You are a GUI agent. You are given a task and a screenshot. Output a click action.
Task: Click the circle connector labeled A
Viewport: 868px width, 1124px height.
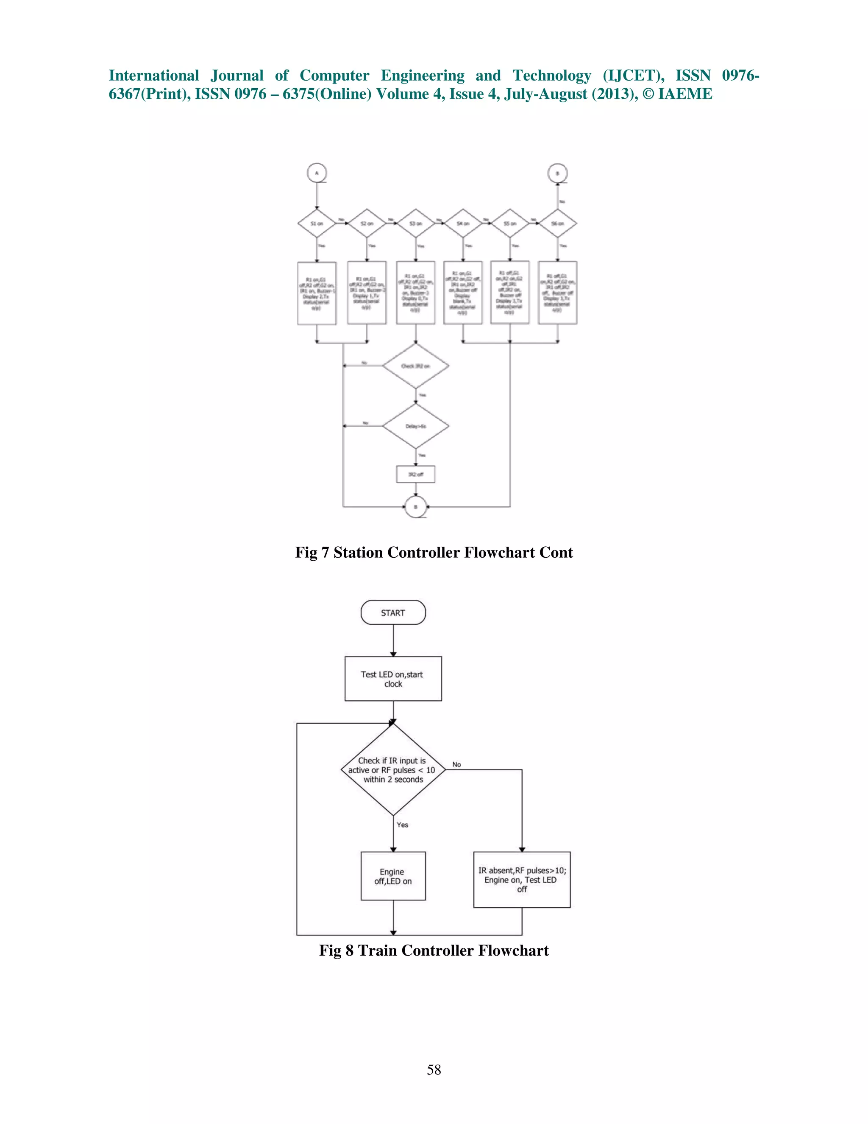pyautogui.click(x=317, y=173)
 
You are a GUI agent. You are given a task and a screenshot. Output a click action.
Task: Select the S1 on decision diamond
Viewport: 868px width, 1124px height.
pyautogui.click(x=317, y=224)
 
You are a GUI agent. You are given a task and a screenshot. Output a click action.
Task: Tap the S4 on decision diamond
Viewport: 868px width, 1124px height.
pyautogui.click(x=463, y=224)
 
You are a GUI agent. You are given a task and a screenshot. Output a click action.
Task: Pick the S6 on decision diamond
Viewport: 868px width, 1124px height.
pyautogui.click(x=557, y=224)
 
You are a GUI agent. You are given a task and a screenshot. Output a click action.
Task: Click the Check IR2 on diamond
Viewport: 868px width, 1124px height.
pyautogui.click(x=415, y=366)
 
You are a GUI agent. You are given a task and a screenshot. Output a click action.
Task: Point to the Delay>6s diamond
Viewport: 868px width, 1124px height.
pyautogui.click(x=415, y=426)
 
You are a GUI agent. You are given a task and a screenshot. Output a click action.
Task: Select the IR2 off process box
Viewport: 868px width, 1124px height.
pyautogui.click(x=415, y=474)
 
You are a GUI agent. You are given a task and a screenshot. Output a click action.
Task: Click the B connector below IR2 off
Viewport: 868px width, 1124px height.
pyautogui.click(x=415, y=507)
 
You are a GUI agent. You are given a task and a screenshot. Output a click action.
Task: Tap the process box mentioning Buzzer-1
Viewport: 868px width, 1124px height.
pyautogui.click(x=317, y=294)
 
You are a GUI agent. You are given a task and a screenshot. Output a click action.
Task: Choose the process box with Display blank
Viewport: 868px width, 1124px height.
pyautogui.click(x=463, y=294)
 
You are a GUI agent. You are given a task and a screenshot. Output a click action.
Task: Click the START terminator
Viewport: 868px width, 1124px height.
pyautogui.click(x=393, y=612)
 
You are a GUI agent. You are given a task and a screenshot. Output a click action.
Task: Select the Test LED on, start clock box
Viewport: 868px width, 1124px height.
pyautogui.click(x=393, y=678)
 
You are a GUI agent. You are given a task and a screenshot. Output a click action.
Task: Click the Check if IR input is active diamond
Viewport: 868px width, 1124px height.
pyautogui.click(x=393, y=769)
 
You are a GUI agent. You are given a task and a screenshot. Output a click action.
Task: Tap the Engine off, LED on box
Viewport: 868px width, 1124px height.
pyautogui.click(x=393, y=876)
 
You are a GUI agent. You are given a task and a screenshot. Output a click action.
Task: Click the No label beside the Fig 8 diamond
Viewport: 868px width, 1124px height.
pyautogui.click(x=456, y=764)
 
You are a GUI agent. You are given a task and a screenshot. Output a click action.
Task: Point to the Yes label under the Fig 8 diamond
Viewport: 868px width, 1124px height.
pyautogui.click(x=402, y=825)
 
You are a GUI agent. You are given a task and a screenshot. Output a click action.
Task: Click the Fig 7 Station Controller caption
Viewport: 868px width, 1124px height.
pyautogui.click(x=434, y=552)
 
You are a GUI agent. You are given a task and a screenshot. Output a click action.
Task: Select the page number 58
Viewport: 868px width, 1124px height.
pyautogui.click(x=434, y=1070)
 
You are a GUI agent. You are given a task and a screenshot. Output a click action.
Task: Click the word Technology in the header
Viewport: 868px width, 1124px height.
pyautogui.click(x=552, y=75)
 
